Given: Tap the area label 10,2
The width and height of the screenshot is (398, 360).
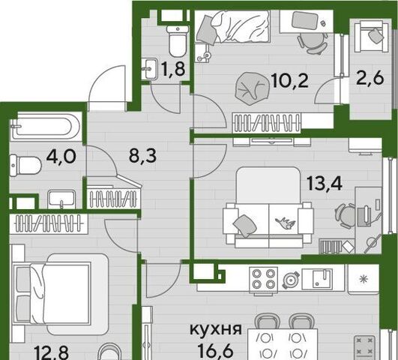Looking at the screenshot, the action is point(289,80).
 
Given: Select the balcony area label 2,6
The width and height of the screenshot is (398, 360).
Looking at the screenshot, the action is point(370,79).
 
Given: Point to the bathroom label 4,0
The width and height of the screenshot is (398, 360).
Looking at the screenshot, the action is point(61,156).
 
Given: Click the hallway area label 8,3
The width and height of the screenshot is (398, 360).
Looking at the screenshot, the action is point(142,156).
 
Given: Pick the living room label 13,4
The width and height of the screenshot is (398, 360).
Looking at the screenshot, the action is point(325,184).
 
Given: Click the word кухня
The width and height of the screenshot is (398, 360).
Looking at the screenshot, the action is point(216,329).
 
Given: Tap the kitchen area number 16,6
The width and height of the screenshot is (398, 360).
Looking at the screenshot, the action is point(216,351).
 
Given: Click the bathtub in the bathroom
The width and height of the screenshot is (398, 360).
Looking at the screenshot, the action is point(46,127).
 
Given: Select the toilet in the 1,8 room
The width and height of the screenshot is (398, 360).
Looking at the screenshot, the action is point(178,41).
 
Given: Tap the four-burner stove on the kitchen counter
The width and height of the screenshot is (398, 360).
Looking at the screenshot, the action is point(263,279).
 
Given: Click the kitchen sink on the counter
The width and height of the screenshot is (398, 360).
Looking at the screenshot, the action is point(317,279).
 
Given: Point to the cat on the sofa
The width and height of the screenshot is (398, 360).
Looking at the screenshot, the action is point(286,222).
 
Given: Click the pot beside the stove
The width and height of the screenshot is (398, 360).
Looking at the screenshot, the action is point(290,280).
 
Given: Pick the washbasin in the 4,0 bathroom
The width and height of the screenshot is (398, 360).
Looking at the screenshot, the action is point(61,199).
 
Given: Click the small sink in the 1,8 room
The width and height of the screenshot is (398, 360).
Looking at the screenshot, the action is point(151,68).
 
